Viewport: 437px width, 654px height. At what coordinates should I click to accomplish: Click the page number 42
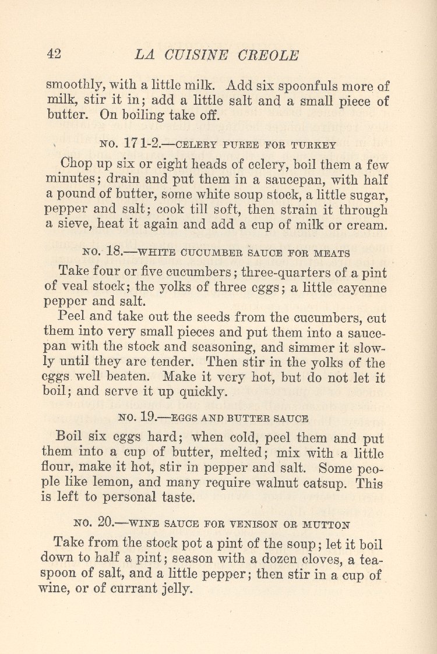54,54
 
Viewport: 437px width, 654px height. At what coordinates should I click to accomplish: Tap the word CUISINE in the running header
193,55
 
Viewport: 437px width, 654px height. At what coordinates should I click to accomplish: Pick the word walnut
281,483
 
